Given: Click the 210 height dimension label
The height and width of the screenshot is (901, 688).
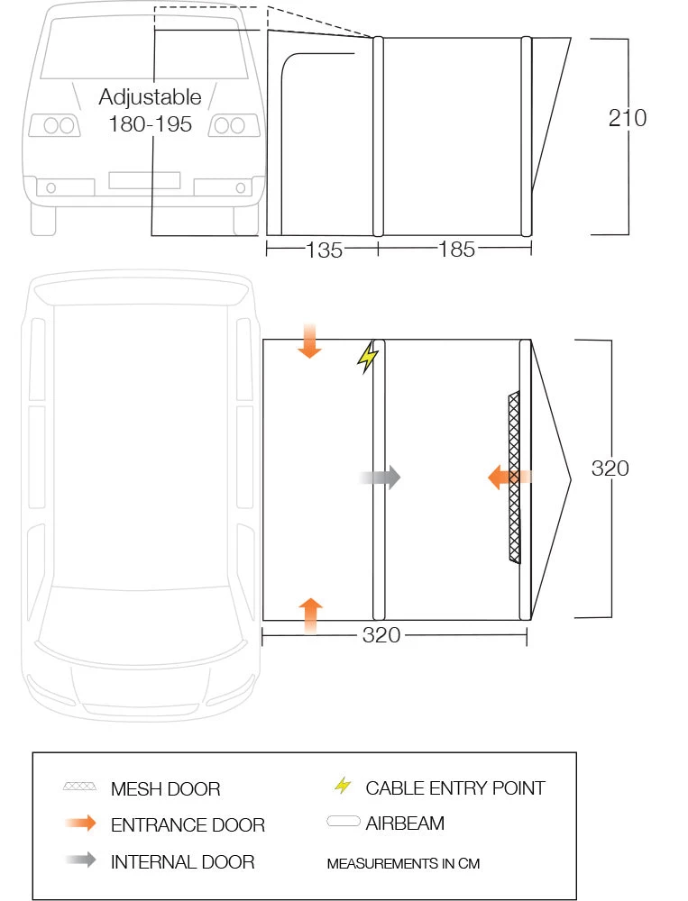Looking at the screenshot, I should (627, 118).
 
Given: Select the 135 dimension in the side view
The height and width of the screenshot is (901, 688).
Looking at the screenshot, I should (325, 250).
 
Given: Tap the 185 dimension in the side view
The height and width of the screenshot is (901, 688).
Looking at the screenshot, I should (456, 250).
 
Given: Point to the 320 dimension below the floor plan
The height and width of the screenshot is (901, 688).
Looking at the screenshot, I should (381, 635).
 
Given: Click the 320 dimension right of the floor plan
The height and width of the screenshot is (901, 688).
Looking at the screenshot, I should (610, 469).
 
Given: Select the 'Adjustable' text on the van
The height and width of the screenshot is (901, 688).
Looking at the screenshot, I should (150, 96).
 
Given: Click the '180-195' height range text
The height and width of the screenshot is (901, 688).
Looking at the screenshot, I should (150, 124).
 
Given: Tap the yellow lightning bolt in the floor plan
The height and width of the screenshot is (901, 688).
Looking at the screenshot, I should (367, 357).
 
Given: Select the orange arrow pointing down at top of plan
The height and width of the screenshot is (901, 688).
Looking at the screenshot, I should (309, 342).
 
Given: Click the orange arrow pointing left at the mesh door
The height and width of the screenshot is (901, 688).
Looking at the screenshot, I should (505, 478).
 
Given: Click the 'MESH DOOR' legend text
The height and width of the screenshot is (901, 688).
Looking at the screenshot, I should (165, 789).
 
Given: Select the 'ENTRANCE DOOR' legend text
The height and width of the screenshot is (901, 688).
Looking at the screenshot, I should (188, 825).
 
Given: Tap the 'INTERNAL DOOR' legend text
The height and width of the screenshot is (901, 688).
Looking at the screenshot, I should (182, 861).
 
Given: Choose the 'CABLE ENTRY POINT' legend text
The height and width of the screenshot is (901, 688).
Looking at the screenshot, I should (454, 788).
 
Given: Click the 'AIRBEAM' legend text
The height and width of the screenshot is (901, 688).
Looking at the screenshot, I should (405, 823).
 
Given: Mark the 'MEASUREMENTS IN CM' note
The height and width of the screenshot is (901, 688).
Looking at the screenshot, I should (403, 863).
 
